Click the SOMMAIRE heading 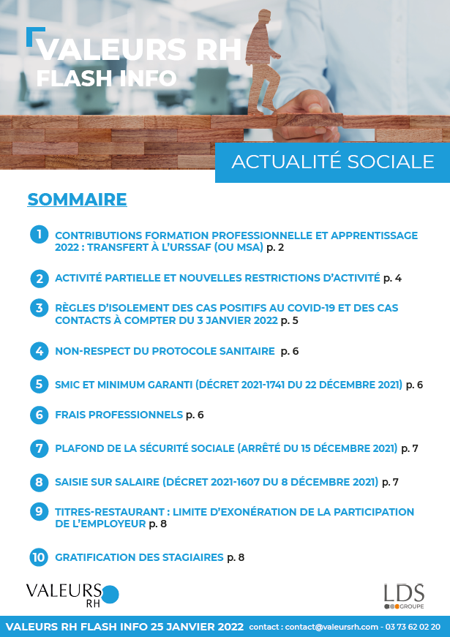click(x=77, y=200)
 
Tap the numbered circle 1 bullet click(x=39, y=234)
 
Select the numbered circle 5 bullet click(x=39, y=384)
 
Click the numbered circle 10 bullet click(x=39, y=557)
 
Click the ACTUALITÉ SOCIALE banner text click(x=332, y=162)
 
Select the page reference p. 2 click(x=274, y=249)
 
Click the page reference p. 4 click(x=392, y=278)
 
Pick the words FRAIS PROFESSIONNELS click(x=119, y=415)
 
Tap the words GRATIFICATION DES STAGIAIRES click(x=139, y=557)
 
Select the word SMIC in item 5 click(x=68, y=384)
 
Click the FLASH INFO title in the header click(x=106, y=78)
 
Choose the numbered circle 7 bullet click(x=39, y=448)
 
